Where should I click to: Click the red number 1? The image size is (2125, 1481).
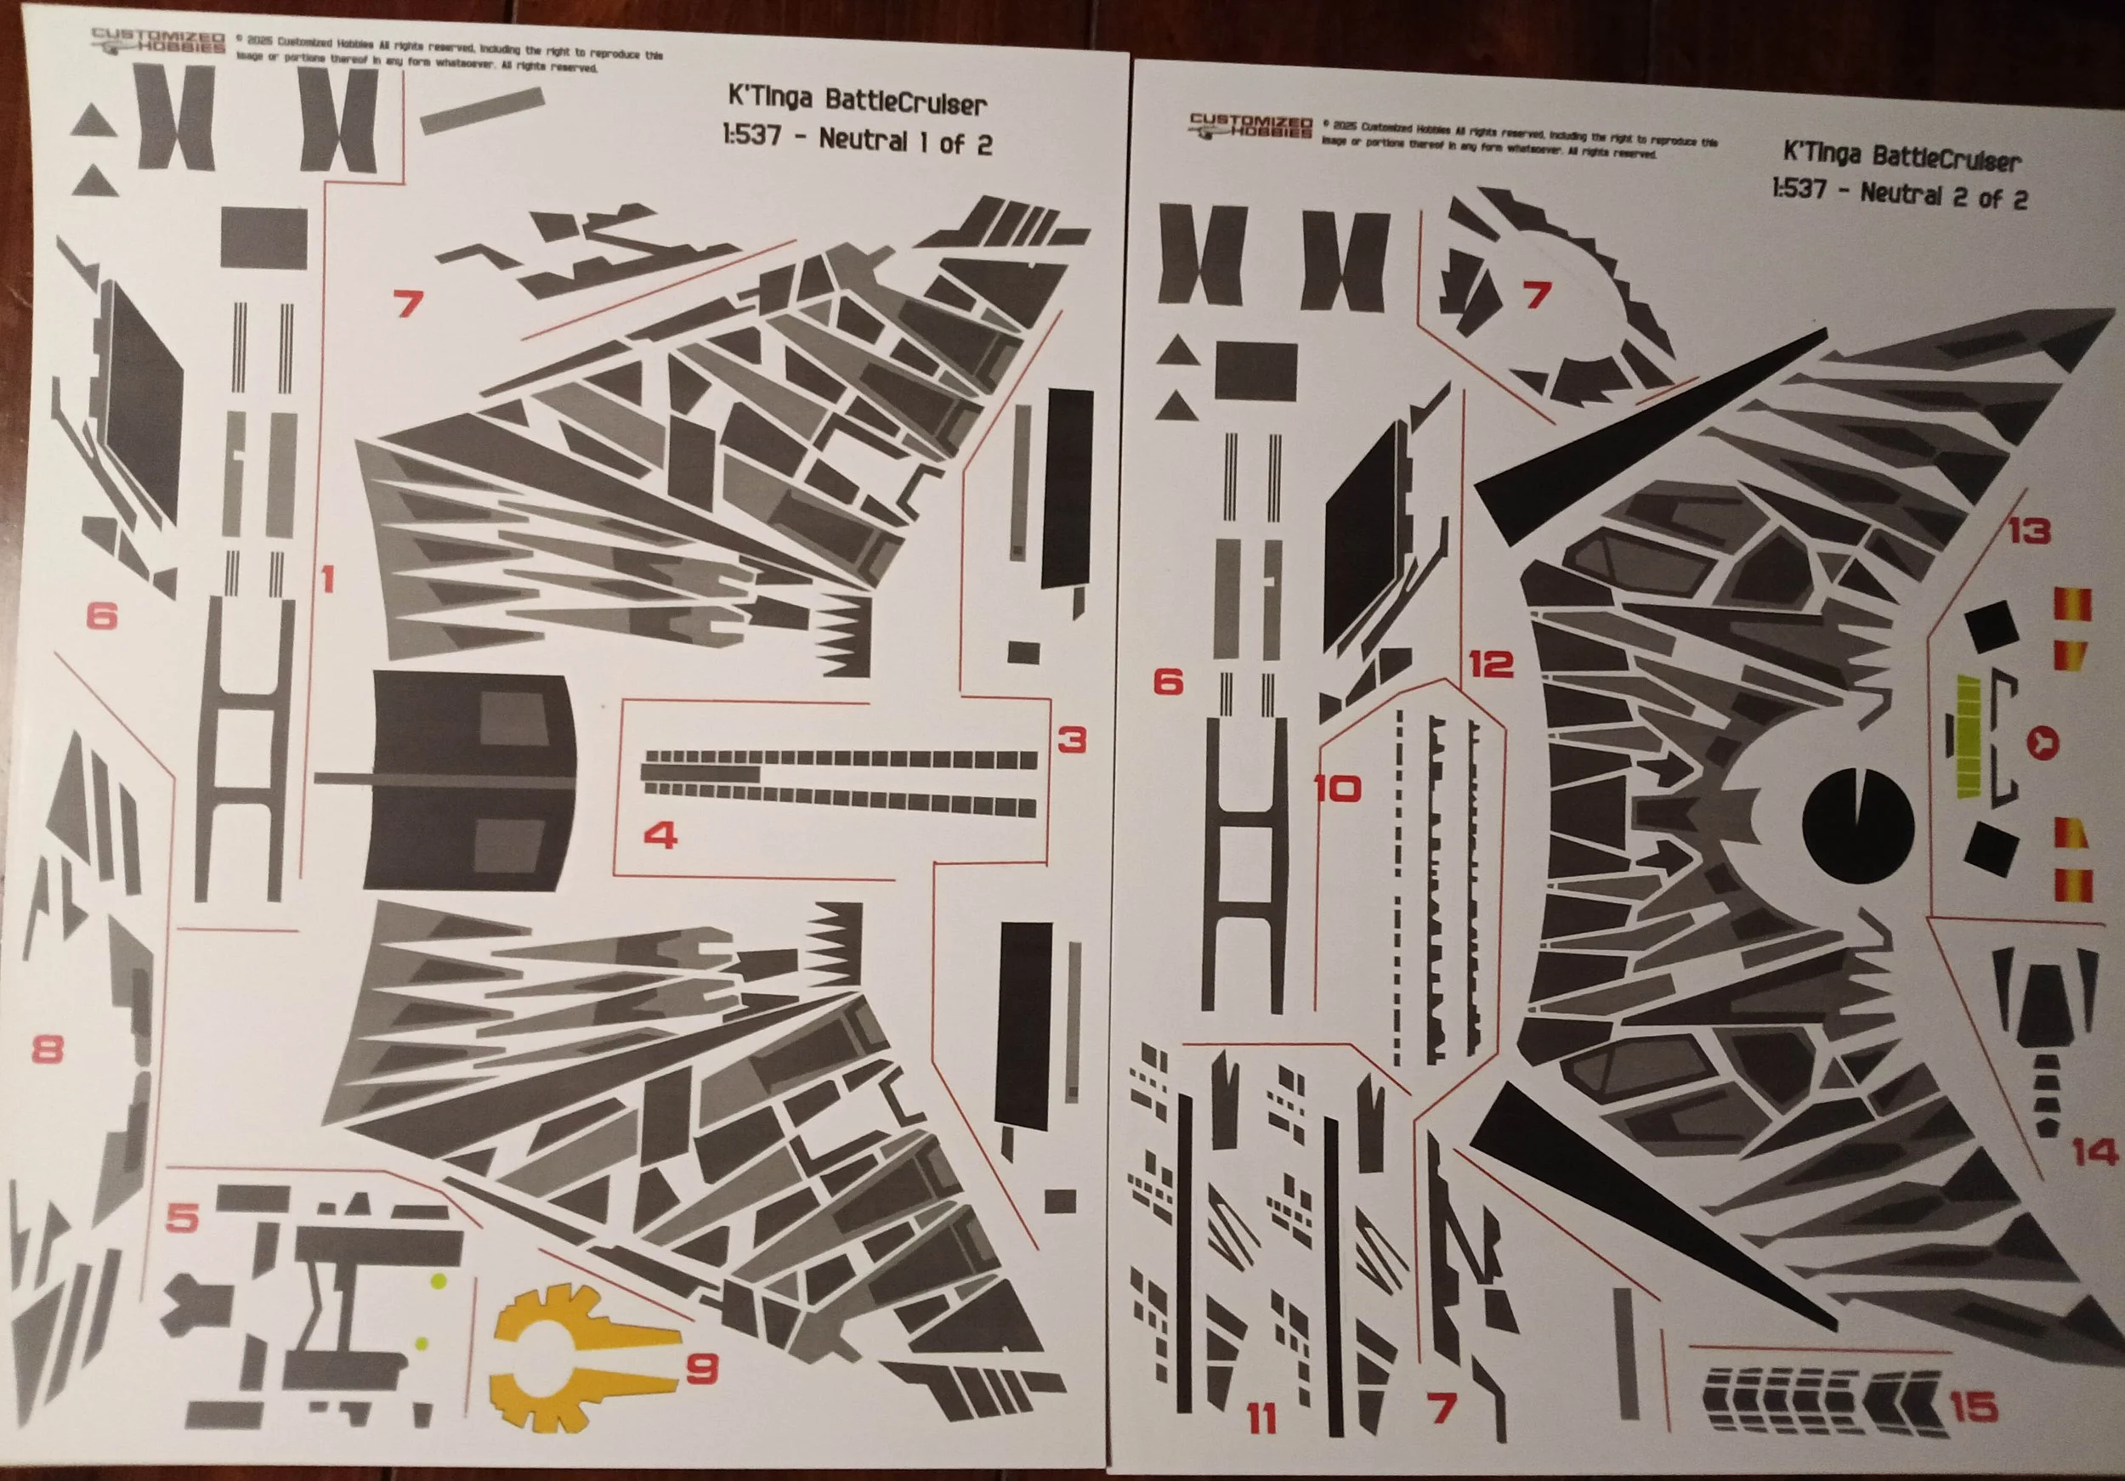(326, 580)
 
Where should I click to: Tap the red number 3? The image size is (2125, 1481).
(1071, 739)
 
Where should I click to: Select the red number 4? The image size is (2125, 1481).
(660, 835)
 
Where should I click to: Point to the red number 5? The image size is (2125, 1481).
(183, 1218)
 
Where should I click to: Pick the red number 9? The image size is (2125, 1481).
(702, 1368)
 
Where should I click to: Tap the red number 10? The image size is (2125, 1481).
(1337, 789)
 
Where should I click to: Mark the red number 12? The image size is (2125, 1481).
(1491, 664)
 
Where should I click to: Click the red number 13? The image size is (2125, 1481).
(2029, 531)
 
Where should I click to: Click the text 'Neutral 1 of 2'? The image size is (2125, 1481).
(904, 142)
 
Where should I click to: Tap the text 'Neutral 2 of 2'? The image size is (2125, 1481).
(1942, 195)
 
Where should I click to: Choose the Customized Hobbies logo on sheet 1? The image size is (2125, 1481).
(158, 42)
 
